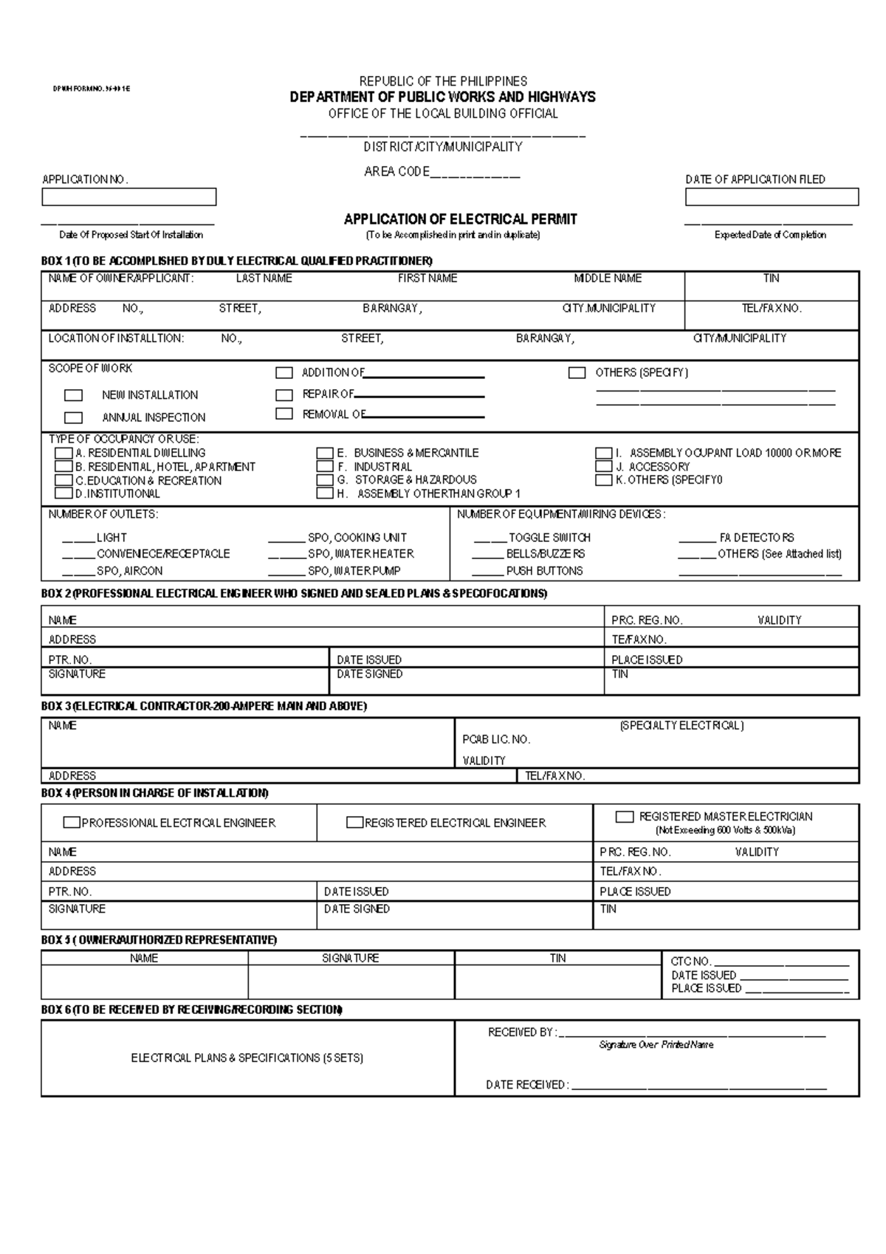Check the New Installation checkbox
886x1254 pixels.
point(73,395)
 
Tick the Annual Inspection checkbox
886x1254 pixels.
point(73,417)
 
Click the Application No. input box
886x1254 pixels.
point(128,196)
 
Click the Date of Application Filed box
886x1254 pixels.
point(772,196)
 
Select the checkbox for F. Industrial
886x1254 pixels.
point(325,467)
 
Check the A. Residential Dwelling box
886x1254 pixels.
point(63,453)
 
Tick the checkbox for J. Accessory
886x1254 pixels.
point(604,467)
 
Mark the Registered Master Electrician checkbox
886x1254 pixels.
point(625,817)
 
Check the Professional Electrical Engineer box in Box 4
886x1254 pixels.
point(72,823)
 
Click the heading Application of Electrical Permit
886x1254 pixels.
point(460,219)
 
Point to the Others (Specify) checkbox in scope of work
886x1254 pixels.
point(577,373)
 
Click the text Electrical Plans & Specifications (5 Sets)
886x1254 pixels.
point(247,1058)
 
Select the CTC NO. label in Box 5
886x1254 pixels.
point(690,962)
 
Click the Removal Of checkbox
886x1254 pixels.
point(284,414)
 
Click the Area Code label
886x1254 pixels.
point(396,171)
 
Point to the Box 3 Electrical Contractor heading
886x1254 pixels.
point(204,706)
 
